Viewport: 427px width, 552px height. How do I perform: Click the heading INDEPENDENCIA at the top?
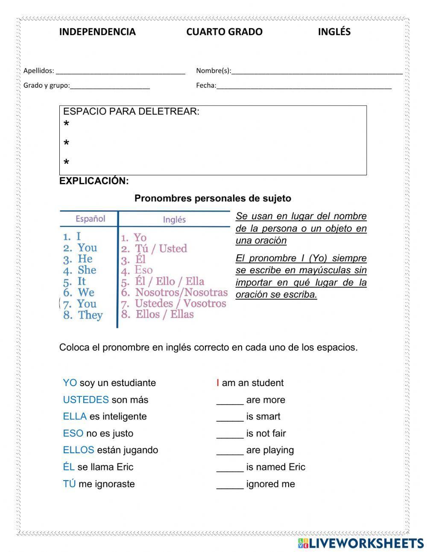pyautogui.click(x=97, y=32)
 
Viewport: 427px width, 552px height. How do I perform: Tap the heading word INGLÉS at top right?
pyautogui.click(x=334, y=32)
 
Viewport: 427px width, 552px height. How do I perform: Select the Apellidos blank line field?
pyautogui.click(x=120, y=71)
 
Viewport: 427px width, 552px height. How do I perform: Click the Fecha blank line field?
pyautogui.click(x=304, y=86)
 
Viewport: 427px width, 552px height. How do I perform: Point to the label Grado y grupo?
pyautogui.click(x=46, y=86)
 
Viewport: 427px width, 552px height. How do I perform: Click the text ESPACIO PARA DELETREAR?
pyautogui.click(x=131, y=112)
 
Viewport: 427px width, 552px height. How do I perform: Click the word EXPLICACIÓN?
pyautogui.click(x=94, y=181)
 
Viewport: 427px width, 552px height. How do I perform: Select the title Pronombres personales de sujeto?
pyautogui.click(x=213, y=198)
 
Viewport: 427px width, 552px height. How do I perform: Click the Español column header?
pyautogui.click(x=90, y=219)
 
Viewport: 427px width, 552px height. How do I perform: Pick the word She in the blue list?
pyautogui.click(x=87, y=270)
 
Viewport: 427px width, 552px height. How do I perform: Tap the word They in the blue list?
pyautogui.click(x=91, y=316)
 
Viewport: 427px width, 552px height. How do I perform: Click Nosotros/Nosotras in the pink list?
pyautogui.click(x=181, y=292)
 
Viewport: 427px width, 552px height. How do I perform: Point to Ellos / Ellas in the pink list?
pyautogui.click(x=164, y=315)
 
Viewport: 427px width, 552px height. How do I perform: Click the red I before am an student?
pyautogui.click(x=218, y=383)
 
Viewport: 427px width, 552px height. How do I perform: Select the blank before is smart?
pyautogui.click(x=230, y=417)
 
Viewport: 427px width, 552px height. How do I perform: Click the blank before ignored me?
pyautogui.click(x=230, y=484)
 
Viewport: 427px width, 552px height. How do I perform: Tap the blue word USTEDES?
pyautogui.click(x=86, y=400)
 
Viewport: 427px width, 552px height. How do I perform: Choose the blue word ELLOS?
pyautogui.click(x=78, y=450)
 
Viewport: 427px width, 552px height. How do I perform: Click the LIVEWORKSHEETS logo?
pyautogui.click(x=361, y=543)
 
